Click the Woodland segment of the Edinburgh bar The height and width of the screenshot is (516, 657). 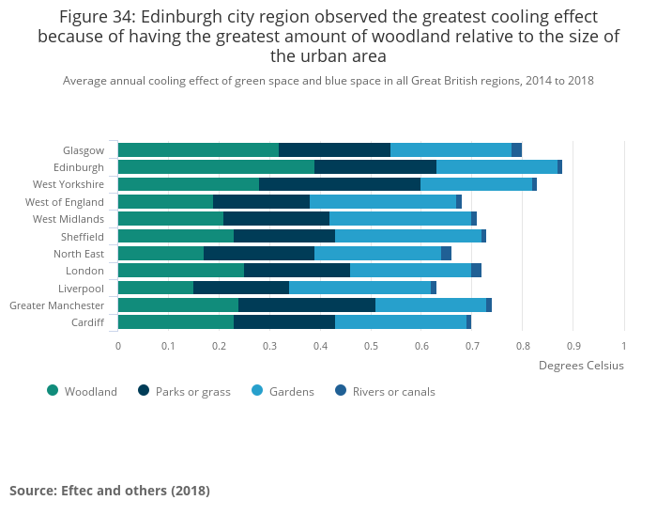tap(216, 167)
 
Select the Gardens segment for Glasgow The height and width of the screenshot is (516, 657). tap(451, 150)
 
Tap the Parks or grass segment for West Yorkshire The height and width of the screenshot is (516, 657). tap(340, 184)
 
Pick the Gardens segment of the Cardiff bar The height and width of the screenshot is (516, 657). tap(401, 322)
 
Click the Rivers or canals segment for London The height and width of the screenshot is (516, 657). tap(476, 271)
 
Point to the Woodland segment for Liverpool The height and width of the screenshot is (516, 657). tap(156, 288)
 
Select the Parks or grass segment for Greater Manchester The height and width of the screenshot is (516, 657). tap(307, 305)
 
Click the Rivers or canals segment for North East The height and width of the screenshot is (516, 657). tap(446, 254)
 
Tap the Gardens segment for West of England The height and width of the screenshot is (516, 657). tap(383, 202)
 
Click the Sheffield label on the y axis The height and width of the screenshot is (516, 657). tap(82, 237)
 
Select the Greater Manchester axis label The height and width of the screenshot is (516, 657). tap(56, 305)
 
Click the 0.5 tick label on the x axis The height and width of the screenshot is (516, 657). tap(371, 346)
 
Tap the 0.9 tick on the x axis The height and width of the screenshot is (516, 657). tap(573, 346)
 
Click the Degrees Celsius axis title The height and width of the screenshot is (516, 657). tap(581, 366)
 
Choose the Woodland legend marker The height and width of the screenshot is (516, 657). tap(53, 391)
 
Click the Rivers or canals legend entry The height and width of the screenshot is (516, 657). tap(393, 392)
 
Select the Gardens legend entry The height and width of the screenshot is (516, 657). tap(290, 392)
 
